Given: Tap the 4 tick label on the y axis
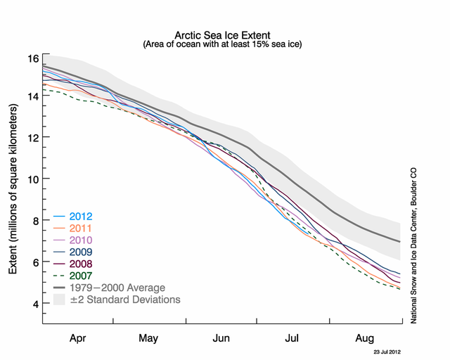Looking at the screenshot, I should [34, 304].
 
